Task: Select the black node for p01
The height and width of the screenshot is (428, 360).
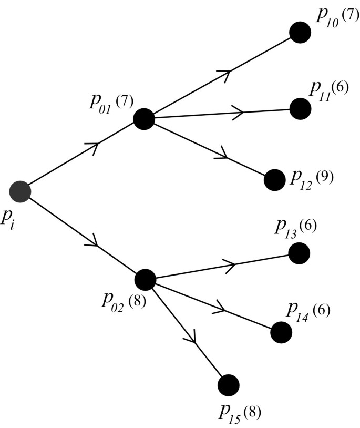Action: click(143, 119)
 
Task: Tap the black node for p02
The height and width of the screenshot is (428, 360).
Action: click(145, 280)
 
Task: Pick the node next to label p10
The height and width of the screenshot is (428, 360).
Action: click(300, 32)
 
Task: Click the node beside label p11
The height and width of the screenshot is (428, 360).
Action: click(301, 109)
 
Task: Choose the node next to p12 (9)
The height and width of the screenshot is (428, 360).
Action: click(274, 180)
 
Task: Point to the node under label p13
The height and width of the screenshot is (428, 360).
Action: click(299, 253)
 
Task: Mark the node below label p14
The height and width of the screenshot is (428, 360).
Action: click(281, 332)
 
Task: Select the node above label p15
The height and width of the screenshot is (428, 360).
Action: click(228, 385)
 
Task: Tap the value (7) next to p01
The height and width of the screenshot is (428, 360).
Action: click(125, 101)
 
